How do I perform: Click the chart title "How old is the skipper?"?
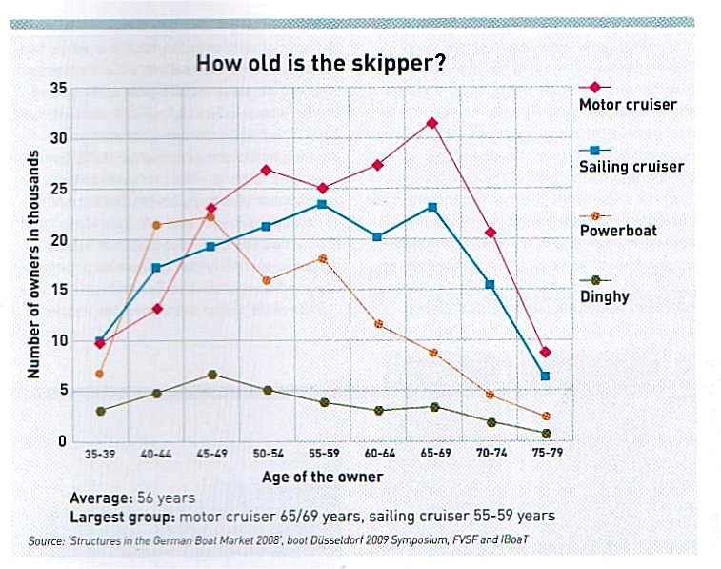pos(321,64)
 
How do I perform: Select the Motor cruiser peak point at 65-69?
pos(432,123)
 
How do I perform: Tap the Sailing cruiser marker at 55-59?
pos(322,204)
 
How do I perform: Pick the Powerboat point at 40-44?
pos(156,225)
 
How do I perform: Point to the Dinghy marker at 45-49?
pos(211,375)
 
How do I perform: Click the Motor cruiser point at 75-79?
pos(545,352)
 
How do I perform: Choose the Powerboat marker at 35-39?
pos(100,374)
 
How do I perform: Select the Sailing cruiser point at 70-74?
pos(490,285)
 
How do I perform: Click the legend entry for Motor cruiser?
pos(628,104)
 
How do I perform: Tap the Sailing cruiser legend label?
pos(631,167)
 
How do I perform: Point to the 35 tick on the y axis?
pos(58,89)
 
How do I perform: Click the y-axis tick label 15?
pos(58,291)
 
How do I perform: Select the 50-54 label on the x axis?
pos(267,456)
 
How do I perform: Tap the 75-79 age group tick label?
pos(545,456)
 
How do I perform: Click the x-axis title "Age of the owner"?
pos(322,477)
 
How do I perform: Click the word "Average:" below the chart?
pos(101,498)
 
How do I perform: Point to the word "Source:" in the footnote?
pos(49,541)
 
